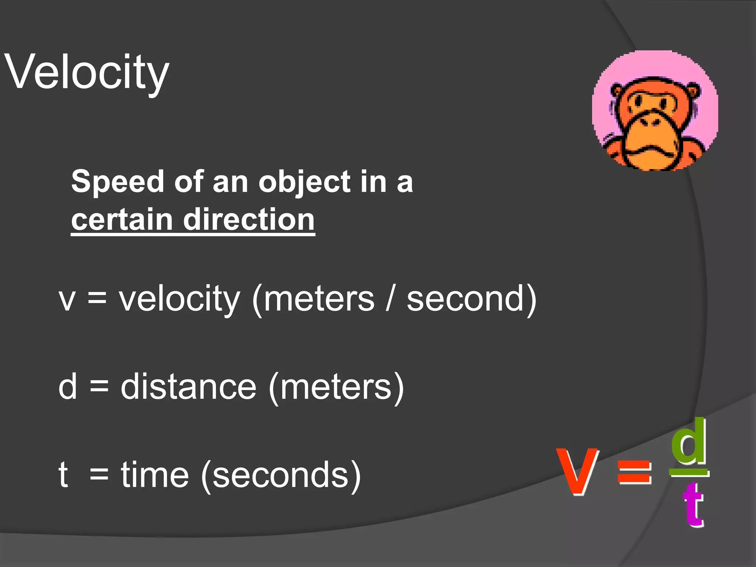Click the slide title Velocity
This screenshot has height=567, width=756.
point(87,72)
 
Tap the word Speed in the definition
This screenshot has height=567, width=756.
point(117,182)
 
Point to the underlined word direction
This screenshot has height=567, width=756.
point(249,219)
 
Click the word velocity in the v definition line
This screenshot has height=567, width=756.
point(179,299)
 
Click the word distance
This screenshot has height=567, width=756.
point(188,387)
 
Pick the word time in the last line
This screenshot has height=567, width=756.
point(155,475)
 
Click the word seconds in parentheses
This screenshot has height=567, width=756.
point(281,475)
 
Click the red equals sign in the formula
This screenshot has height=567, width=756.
point(634,472)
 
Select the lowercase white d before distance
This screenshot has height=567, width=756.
point(68,387)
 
